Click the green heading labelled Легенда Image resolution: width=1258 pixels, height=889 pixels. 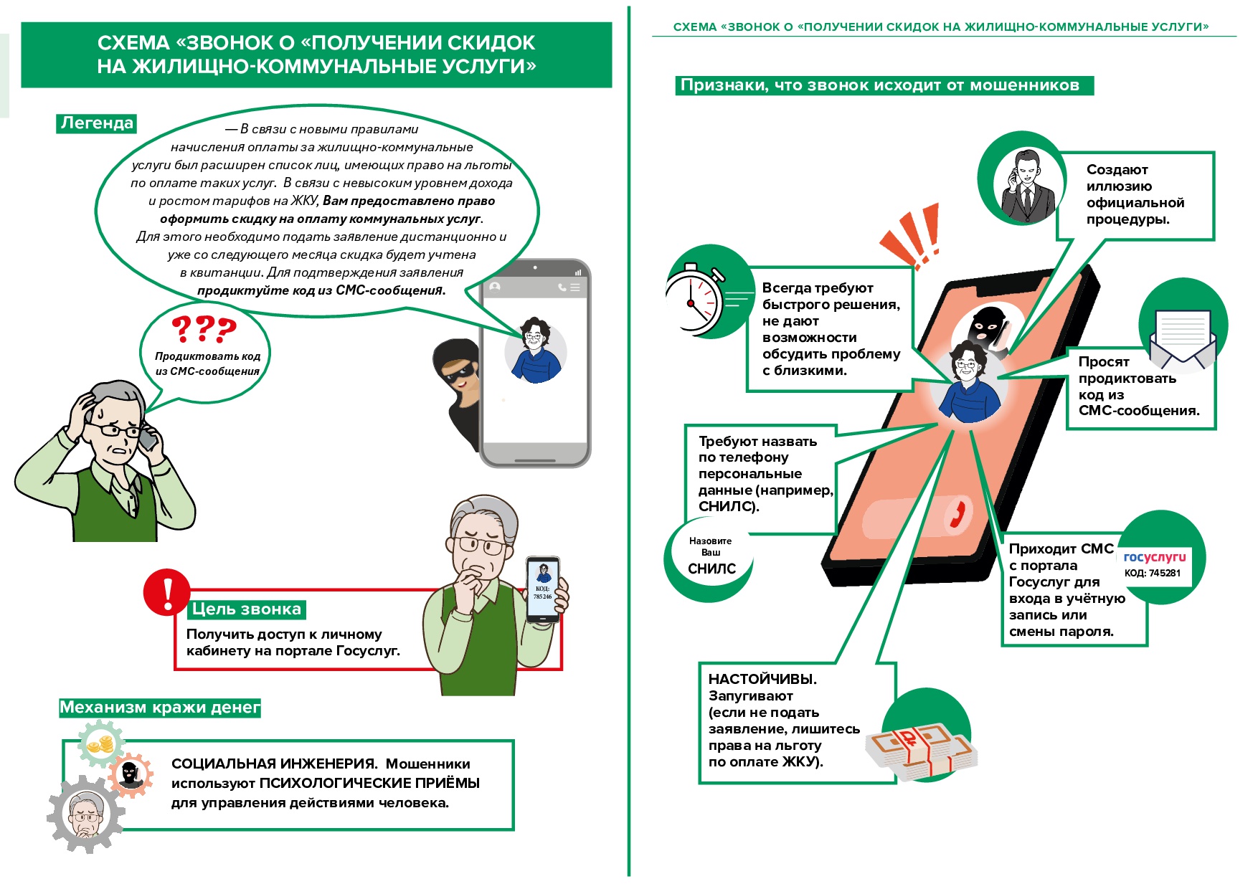click(x=97, y=123)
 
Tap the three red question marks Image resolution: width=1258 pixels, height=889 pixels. click(x=204, y=329)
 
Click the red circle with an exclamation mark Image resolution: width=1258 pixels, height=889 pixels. click(x=166, y=592)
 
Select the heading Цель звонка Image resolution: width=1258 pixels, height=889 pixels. click(x=246, y=609)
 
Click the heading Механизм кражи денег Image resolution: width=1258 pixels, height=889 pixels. click(x=159, y=708)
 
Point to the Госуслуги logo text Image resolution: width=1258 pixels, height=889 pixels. click(x=1154, y=557)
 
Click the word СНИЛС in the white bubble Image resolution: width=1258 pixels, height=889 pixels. click(x=711, y=569)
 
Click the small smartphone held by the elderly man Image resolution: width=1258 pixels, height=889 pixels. click(x=543, y=590)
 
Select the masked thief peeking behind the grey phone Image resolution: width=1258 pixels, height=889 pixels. click(x=457, y=387)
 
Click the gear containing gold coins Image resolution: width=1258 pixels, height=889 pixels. click(x=101, y=746)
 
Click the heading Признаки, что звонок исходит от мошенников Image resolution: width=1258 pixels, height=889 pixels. click(x=879, y=85)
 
